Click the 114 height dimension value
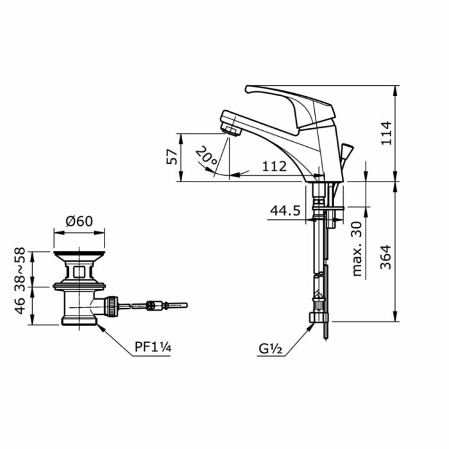coord(385,132)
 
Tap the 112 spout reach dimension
coord(274,166)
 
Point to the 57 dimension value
coord(172,157)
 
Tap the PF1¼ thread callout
coord(153,349)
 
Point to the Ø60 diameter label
coord(79,221)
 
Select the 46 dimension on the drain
coord(21,307)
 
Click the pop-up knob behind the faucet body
coord(346,152)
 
